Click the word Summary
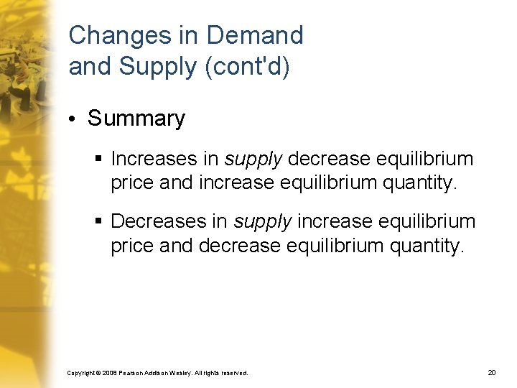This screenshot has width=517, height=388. point(136,119)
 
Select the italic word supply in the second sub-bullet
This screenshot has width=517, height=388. point(261,220)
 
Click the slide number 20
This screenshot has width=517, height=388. point(491,373)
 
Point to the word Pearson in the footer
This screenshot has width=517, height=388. point(134,373)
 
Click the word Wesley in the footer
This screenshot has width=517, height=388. point(177,373)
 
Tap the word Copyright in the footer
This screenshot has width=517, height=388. point(80,373)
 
